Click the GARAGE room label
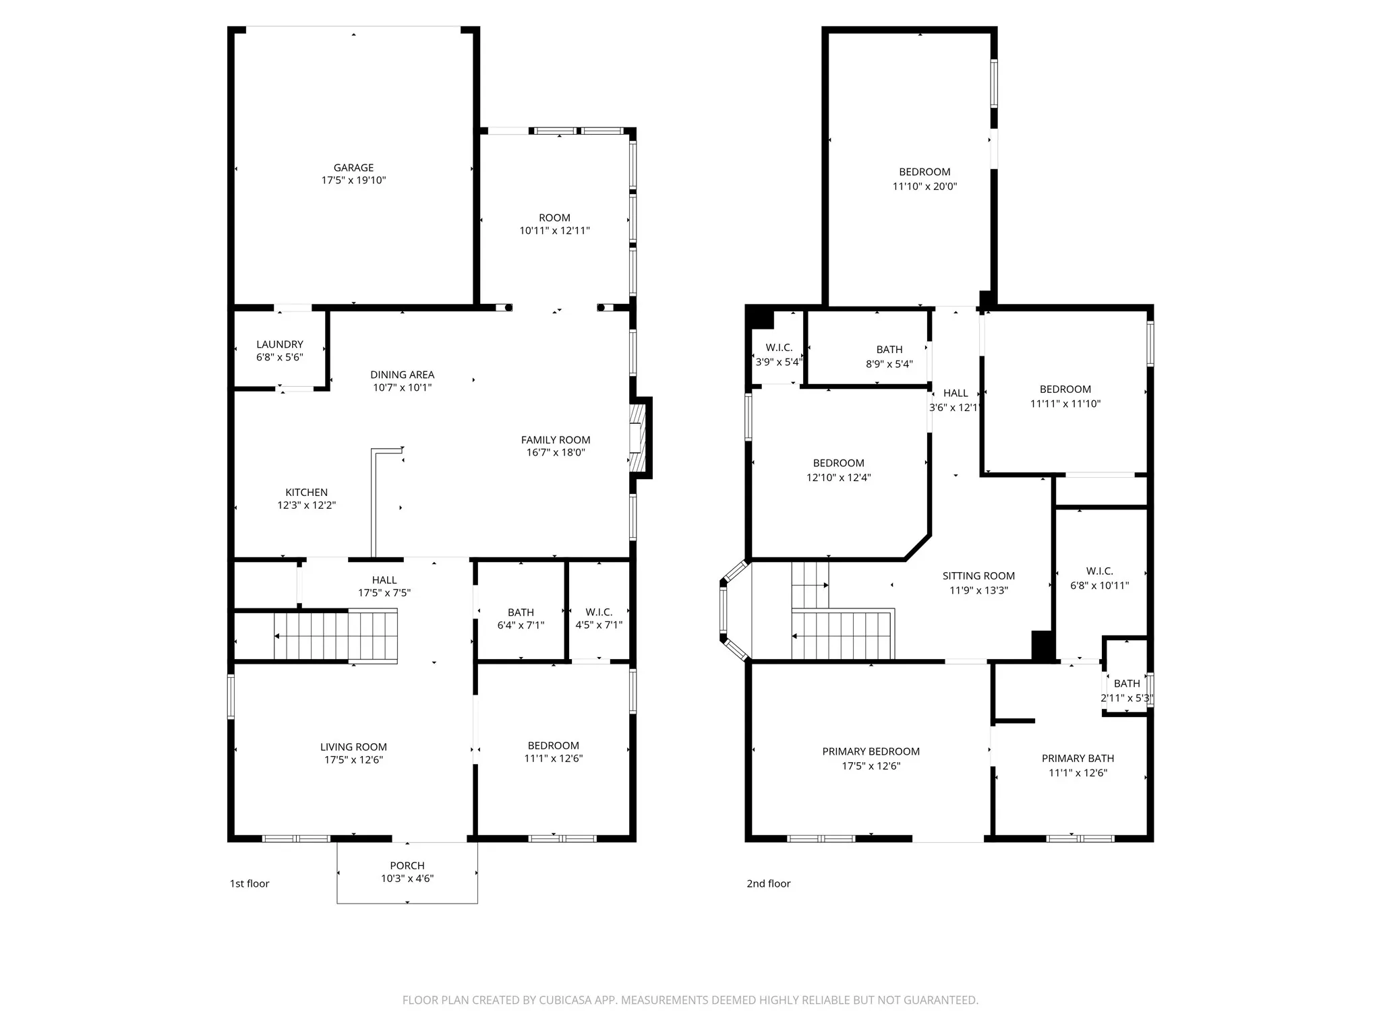tap(353, 168)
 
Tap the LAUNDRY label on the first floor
tap(280, 344)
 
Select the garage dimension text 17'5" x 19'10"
tap(353, 181)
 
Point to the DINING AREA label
tap(402, 375)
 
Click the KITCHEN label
tap(306, 493)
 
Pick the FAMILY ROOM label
tap(556, 440)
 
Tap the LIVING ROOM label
tap(353, 747)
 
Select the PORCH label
tap(407, 866)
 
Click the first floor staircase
tap(336, 635)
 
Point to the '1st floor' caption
tap(249, 883)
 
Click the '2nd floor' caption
tap(768, 883)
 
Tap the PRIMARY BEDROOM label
tap(871, 751)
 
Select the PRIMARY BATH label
tap(1078, 758)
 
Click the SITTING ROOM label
tap(978, 576)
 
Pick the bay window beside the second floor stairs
tap(734, 610)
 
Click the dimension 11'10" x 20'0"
tap(924, 187)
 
